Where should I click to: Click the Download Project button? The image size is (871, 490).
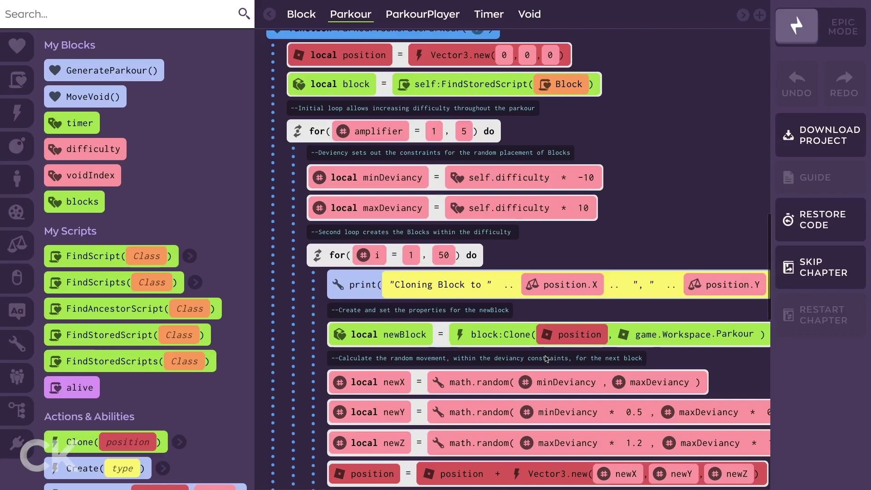(820, 135)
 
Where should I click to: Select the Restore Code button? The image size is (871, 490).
(820, 220)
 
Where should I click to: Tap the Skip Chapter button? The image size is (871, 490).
(820, 267)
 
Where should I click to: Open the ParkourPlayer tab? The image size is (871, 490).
(422, 15)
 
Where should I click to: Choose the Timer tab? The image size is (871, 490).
(489, 15)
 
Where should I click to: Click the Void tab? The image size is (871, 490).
(529, 15)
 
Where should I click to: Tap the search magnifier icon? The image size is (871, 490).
(244, 14)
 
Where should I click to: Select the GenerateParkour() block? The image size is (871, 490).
(104, 70)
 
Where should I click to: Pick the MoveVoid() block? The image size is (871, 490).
(85, 97)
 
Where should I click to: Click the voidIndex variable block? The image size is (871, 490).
(83, 176)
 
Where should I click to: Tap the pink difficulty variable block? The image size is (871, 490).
(85, 149)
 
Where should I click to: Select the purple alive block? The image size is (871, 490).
(72, 388)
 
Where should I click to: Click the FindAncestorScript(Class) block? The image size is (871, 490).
(132, 309)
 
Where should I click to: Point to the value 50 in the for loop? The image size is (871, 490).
(443, 255)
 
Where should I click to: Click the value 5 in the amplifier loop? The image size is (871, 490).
(464, 132)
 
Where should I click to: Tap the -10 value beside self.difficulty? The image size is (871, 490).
(586, 178)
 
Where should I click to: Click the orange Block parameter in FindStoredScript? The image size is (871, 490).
(562, 84)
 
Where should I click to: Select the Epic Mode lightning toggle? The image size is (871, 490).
(797, 26)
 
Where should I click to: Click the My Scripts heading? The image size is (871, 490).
(70, 231)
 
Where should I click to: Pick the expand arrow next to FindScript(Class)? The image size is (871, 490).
(190, 256)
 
